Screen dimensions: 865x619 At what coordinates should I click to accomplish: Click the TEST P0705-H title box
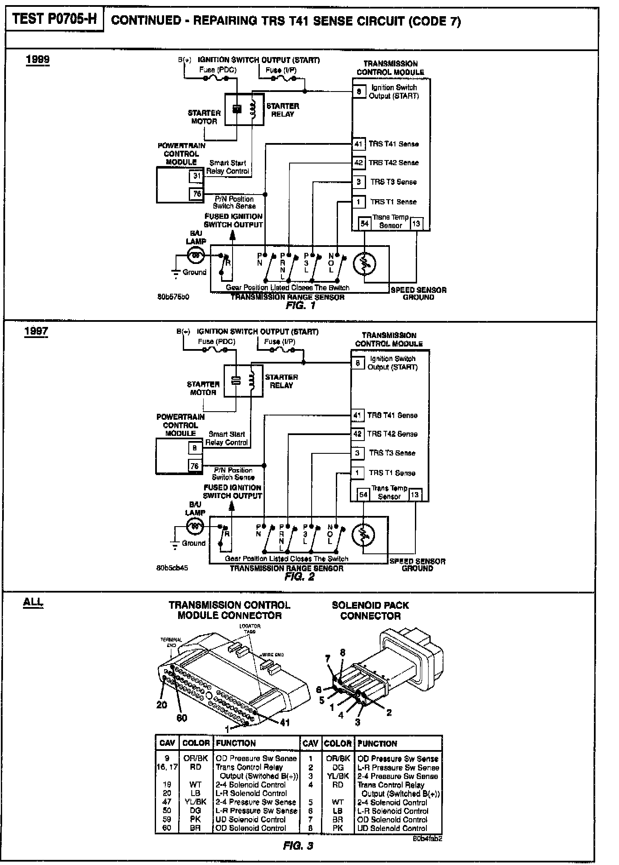pos(54,20)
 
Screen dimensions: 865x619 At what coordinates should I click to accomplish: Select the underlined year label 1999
pos(37,59)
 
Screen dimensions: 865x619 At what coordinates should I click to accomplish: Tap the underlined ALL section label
pos(33,602)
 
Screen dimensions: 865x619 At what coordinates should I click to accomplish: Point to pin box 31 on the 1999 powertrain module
pos(197,175)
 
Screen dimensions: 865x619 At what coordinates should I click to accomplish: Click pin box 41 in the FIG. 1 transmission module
pos(358,144)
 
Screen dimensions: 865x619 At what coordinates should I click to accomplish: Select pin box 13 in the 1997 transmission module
pos(415,494)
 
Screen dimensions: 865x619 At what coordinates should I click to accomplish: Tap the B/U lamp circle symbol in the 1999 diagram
pos(196,255)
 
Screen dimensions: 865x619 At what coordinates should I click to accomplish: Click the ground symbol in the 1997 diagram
pos(174,544)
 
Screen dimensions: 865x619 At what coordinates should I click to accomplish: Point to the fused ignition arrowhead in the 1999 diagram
pos(232,235)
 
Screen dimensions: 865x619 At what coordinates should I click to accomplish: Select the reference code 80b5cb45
pos(172,568)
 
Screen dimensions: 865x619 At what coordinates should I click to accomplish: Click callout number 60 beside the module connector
pos(182,718)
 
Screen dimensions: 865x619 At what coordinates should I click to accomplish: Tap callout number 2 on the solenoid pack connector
pos(389,712)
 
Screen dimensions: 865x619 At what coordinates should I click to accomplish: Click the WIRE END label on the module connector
pos(273,654)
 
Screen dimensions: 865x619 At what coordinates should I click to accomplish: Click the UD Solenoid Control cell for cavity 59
pos(250,819)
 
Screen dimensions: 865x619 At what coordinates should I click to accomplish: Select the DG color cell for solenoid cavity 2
pos(338,768)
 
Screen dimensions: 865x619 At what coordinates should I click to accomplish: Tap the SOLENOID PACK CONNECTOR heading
pos(370,610)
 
